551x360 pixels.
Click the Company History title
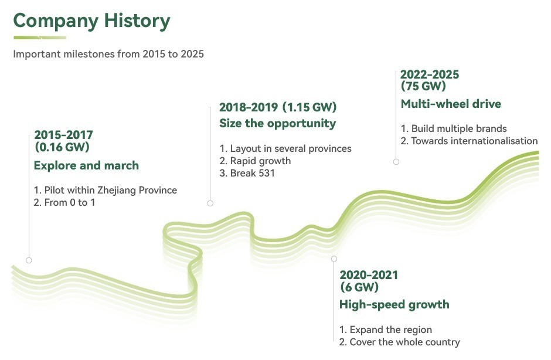tap(91, 21)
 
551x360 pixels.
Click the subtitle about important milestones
tap(108, 54)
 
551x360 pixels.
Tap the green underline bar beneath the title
tap(40, 38)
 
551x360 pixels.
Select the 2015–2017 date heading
tap(64, 135)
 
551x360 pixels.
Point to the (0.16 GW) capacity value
tap(62, 147)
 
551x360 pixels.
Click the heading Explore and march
tap(86, 165)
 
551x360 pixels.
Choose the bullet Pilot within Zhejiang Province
tap(106, 190)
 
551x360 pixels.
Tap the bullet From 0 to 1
tap(64, 202)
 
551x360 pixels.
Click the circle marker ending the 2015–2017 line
tap(29, 260)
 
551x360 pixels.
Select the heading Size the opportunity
tap(278, 123)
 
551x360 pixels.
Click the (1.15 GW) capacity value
tap(309, 107)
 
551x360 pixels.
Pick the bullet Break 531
tap(247, 174)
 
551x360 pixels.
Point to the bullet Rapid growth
tap(255, 161)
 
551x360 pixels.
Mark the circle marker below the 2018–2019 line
tap(210, 203)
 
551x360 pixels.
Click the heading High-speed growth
tap(394, 304)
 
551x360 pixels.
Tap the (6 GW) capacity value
tap(359, 287)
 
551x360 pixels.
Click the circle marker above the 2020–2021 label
tap(334, 259)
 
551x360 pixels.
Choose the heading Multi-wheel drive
tap(451, 104)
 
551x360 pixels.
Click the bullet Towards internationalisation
tap(469, 141)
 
